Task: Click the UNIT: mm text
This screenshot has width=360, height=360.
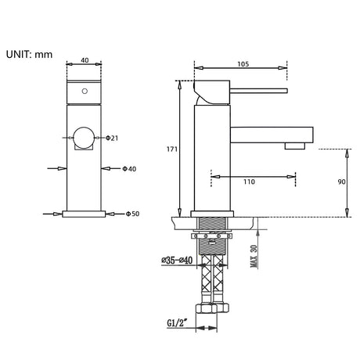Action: (29, 55)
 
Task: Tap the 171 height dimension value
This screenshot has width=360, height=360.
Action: (172, 149)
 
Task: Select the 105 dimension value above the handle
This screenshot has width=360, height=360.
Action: (243, 64)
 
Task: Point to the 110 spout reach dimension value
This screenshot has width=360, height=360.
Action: (249, 182)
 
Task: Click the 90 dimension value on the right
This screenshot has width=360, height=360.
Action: (341, 182)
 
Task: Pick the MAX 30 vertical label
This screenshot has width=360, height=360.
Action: (254, 256)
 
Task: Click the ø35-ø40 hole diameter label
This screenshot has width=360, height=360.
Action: (177, 260)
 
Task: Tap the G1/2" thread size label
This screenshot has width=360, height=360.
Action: (178, 323)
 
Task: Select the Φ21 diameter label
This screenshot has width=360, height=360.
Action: (112, 138)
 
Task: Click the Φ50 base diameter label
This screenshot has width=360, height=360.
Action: (132, 214)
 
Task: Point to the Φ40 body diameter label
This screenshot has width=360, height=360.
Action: (129, 169)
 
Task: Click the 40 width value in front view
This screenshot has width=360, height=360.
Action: (85, 60)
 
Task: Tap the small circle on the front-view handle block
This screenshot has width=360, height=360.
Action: (85, 92)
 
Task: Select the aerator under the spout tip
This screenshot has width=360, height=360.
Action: (295, 146)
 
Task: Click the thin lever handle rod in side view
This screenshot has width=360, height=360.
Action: (258, 91)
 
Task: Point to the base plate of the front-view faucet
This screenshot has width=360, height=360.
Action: (84, 214)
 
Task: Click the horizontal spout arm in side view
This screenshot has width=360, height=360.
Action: (272, 135)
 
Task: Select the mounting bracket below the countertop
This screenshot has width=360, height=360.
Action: (211, 236)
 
